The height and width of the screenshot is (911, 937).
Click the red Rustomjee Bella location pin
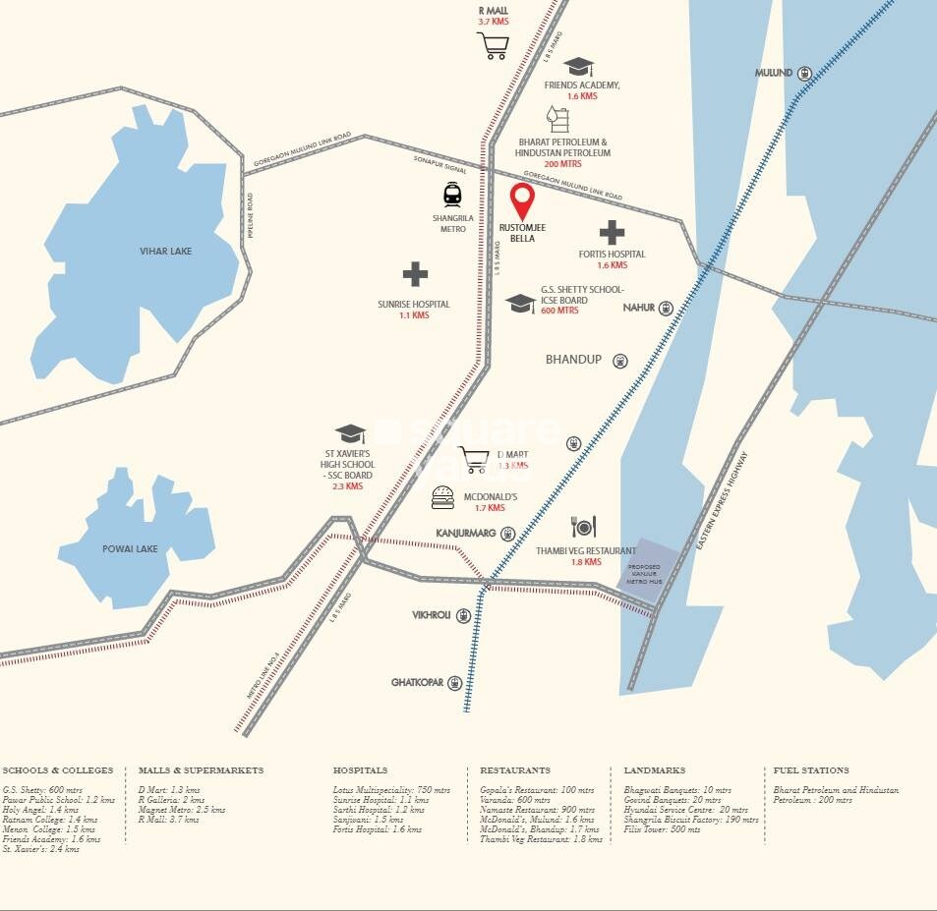pyautogui.click(x=523, y=201)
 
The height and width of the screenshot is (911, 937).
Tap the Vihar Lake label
pyautogui.click(x=165, y=251)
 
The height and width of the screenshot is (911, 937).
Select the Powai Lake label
pyautogui.click(x=132, y=548)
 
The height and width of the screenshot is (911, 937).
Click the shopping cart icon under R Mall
pyautogui.click(x=493, y=45)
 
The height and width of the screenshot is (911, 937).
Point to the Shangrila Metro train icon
pyautogui.click(x=452, y=194)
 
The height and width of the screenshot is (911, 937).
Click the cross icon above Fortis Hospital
pyautogui.click(x=612, y=233)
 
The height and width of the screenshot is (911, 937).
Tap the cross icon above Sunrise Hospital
pyautogui.click(x=415, y=274)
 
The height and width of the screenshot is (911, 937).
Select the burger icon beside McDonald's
pyautogui.click(x=443, y=498)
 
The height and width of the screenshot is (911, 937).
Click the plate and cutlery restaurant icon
pyautogui.click(x=584, y=528)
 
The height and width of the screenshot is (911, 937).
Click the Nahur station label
pyautogui.click(x=639, y=308)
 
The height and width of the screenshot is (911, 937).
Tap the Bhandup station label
pyautogui.click(x=573, y=360)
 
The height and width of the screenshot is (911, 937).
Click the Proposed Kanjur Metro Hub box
pyautogui.click(x=646, y=571)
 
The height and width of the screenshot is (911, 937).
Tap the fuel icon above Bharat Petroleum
pyautogui.click(x=558, y=119)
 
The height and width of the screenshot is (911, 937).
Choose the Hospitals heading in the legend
pyautogui.click(x=360, y=770)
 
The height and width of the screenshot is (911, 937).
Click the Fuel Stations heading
pyautogui.click(x=811, y=770)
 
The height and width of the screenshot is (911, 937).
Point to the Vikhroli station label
pyautogui.click(x=431, y=615)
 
